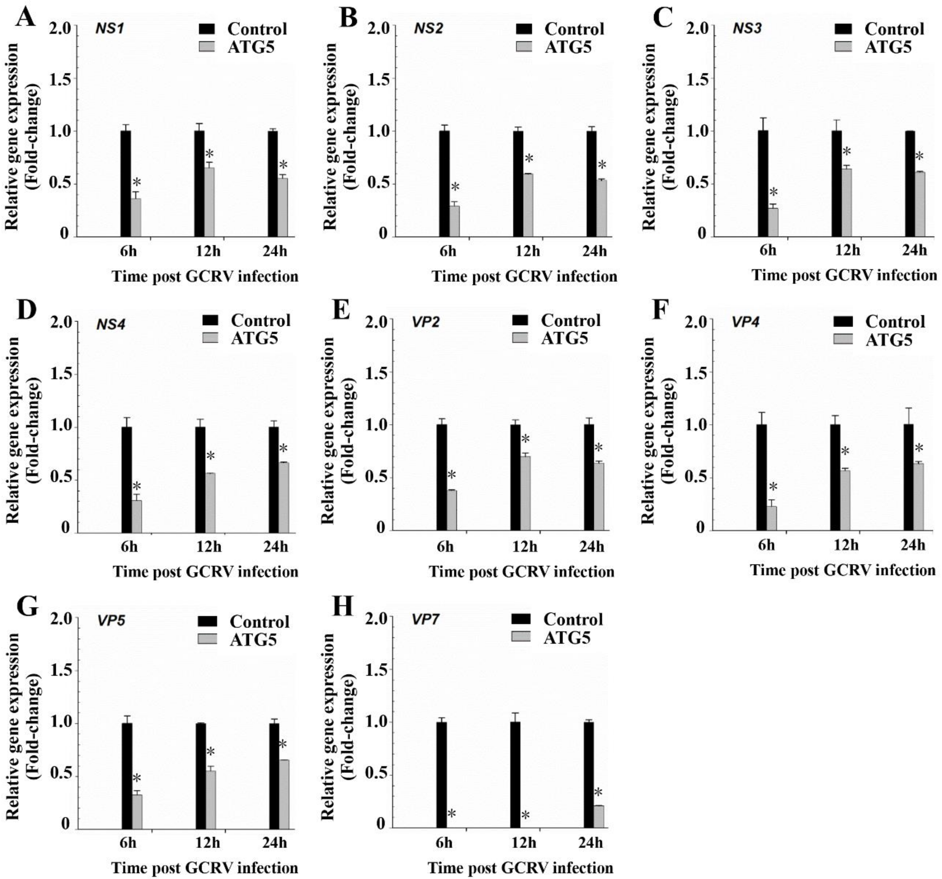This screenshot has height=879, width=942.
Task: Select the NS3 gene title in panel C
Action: click(x=747, y=28)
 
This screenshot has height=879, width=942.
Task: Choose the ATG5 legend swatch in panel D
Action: click(x=210, y=338)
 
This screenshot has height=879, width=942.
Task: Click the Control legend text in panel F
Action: click(x=895, y=322)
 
